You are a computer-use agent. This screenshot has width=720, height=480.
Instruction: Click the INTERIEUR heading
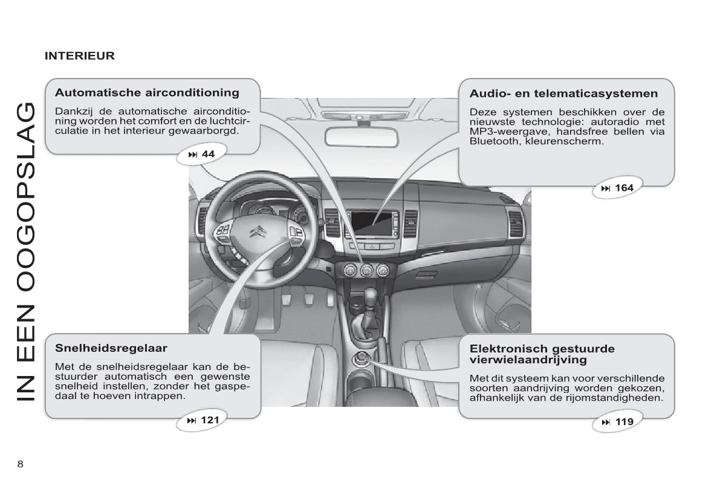79,56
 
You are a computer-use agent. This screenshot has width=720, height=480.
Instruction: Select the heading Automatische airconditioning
147,93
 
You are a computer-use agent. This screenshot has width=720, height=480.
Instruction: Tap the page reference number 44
208,154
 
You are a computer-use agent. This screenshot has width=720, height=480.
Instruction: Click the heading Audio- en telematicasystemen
563,94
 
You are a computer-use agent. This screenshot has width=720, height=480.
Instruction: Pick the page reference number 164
624,188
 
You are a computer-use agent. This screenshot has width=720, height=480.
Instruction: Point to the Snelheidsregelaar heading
111,348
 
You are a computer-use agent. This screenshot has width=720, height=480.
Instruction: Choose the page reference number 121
209,420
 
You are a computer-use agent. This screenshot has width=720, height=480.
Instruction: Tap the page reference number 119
624,422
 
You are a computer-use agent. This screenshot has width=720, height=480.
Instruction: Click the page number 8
21,464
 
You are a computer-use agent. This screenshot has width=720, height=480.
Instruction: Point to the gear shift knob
370,296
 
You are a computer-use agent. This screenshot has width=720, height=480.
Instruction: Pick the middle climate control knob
366,270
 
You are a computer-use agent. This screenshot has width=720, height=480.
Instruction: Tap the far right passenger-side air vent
516,223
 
